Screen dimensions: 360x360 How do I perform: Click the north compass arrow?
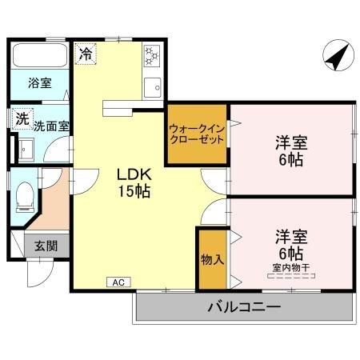point(336,57)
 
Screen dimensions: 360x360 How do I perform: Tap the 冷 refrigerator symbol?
point(85,54)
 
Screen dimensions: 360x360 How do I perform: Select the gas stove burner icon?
point(152,56)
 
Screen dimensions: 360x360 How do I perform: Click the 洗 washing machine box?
point(19,117)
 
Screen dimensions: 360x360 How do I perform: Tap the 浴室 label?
point(38,82)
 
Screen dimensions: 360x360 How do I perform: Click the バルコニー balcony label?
point(244,306)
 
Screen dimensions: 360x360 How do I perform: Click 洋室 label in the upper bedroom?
point(292,142)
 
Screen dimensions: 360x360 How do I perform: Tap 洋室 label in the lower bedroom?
point(292,236)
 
